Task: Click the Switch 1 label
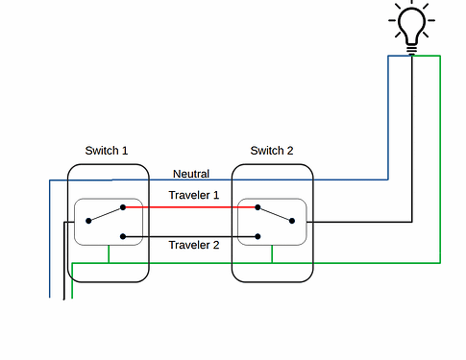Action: tap(107, 151)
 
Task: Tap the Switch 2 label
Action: tap(272, 151)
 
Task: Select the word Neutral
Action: tap(190, 174)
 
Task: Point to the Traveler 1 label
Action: tap(194, 195)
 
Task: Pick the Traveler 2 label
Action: tap(194, 245)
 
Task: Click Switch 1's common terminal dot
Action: tap(88, 221)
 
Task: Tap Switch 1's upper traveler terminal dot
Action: tap(123, 205)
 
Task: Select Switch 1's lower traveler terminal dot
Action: tap(123, 236)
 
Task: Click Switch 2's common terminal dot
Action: tap(292, 221)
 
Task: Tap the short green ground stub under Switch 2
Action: tap(274, 253)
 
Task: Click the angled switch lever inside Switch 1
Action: tap(106, 213)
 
